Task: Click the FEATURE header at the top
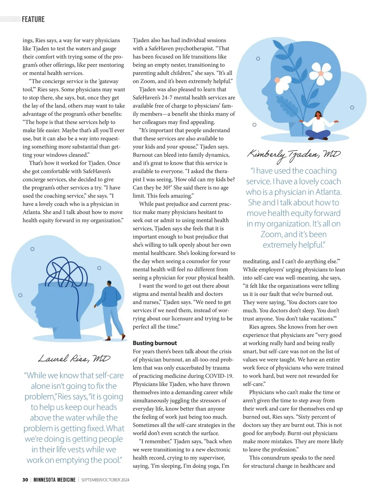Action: pyautogui.click(x=33, y=19)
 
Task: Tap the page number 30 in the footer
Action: pyautogui.click(x=25, y=480)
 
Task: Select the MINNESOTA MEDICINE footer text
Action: pyautogui.click(x=55, y=480)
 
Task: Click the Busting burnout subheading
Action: pyautogui.click(x=155, y=343)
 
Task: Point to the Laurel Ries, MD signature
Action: pyautogui.click(x=74, y=358)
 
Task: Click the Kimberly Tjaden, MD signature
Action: pyautogui.click(x=294, y=154)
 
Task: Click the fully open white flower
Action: pyautogui.click(x=320, y=72)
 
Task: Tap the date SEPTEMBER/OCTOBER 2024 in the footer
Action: pyautogui.click(x=105, y=480)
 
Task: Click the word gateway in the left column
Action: pyautogui.click(x=109, y=81)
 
